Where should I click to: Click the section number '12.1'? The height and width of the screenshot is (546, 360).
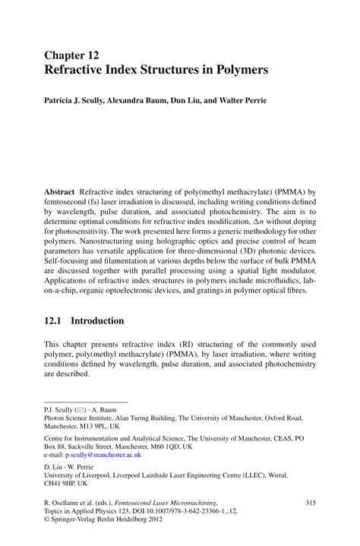[x=57, y=322]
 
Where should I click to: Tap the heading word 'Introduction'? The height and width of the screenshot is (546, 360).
[x=113, y=322]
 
